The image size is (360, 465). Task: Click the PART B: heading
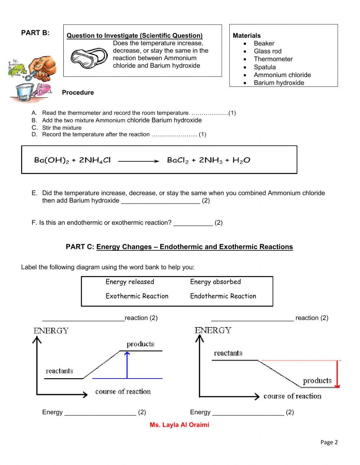[x=35, y=33]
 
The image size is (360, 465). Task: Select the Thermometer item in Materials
[x=273, y=59]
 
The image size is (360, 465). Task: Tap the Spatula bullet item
[x=265, y=67]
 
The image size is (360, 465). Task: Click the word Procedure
[x=78, y=93]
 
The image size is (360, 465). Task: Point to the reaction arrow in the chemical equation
[x=139, y=161]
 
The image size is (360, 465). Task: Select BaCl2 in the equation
[x=178, y=160]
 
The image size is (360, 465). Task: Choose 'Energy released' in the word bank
[x=130, y=282]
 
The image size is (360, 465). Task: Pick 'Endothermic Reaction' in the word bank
[x=223, y=296]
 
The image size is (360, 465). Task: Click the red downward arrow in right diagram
[x=337, y=374]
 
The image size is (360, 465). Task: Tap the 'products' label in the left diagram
[x=140, y=344]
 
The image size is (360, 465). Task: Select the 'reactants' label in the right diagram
[x=228, y=353]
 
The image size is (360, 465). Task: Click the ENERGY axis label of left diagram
[x=51, y=331]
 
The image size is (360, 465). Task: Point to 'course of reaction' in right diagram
[x=292, y=396]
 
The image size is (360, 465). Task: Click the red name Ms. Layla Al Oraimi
[x=179, y=425]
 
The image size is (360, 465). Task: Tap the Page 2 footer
[x=329, y=442]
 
